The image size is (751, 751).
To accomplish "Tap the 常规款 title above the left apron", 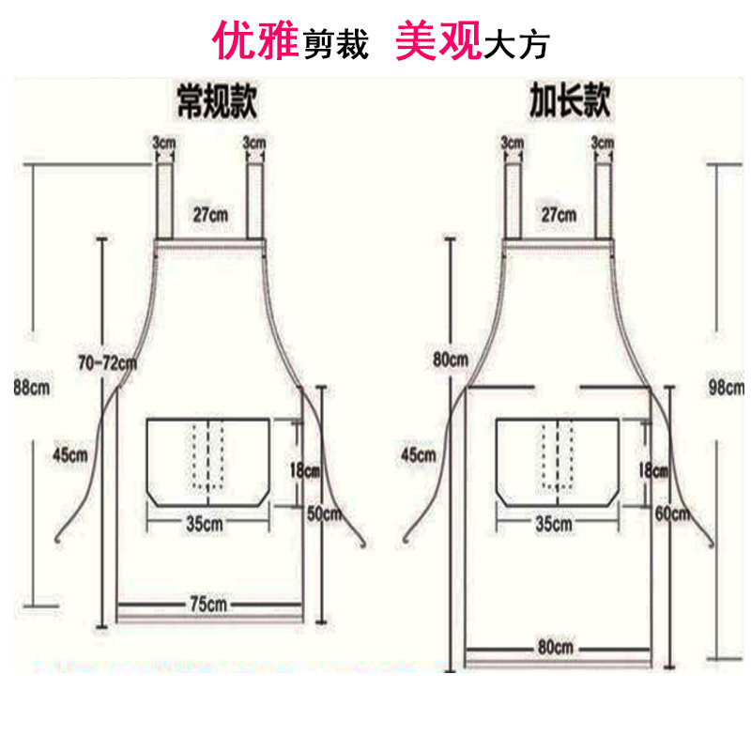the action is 217,100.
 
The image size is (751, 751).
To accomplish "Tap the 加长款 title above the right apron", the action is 568,100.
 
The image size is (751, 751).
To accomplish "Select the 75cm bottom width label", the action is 207,602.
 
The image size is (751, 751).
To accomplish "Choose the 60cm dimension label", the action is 673,513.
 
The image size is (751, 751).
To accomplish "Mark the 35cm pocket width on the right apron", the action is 555,523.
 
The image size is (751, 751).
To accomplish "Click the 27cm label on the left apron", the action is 210,214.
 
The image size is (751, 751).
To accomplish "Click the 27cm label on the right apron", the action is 559,214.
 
